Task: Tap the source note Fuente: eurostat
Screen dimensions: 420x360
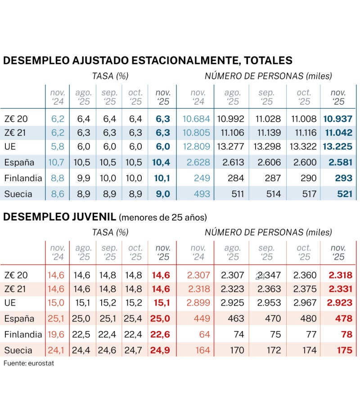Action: tap(28, 363)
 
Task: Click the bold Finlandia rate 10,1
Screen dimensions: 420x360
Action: tap(162, 178)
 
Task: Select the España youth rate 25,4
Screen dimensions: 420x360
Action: tap(135, 319)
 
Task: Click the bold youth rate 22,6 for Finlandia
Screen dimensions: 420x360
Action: tap(162, 334)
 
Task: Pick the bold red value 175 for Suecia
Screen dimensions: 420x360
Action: tap(344, 349)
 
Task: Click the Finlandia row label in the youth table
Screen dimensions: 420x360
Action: tap(22, 334)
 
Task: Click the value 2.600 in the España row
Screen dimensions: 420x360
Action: tap(305, 163)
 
